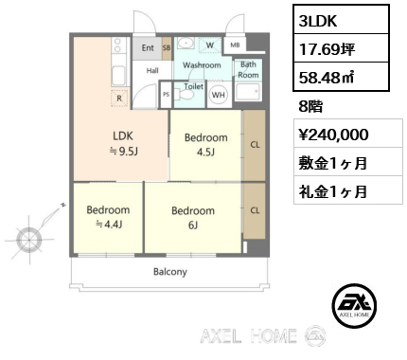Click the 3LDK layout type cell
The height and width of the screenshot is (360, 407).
point(341,20)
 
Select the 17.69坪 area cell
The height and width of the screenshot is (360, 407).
point(341,48)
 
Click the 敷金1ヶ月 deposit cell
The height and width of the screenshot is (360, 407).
point(348,162)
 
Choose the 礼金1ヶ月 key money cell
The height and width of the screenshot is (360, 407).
point(348,190)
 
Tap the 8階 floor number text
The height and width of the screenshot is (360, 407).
point(310,107)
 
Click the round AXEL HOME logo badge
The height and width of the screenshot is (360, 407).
point(354,305)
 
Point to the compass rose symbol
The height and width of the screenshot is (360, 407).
point(29,240)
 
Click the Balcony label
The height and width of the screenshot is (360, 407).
point(170,272)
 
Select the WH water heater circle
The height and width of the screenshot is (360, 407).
point(219,95)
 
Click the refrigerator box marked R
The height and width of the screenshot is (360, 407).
point(119,99)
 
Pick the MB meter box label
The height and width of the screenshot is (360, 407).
point(235,45)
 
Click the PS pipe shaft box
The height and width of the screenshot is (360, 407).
point(166,95)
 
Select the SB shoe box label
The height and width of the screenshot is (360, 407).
point(167,48)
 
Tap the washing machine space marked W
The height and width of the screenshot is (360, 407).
point(210,45)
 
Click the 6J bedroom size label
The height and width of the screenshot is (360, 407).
point(193,225)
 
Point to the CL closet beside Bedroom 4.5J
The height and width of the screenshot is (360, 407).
point(254,145)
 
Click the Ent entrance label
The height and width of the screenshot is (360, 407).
point(148,48)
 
